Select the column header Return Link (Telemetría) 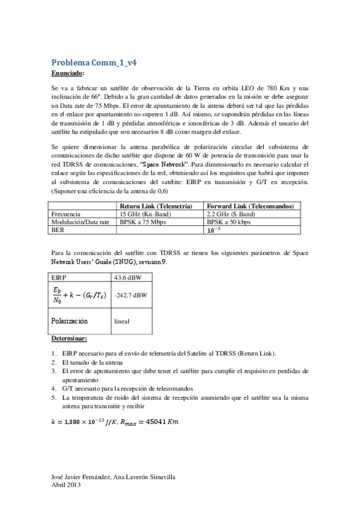[156, 205]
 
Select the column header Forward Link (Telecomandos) [245, 205]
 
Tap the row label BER [58, 229]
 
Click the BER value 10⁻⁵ [214, 229]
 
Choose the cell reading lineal [121, 322]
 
